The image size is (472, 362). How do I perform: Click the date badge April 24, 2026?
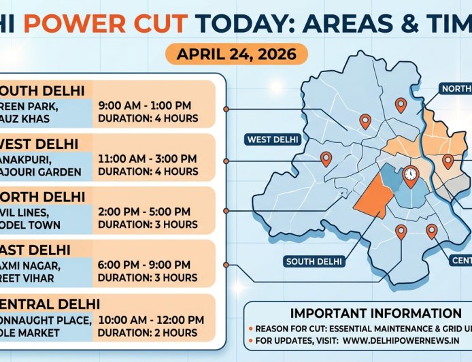tap(235, 54)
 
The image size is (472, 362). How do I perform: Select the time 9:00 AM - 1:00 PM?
tap(144, 105)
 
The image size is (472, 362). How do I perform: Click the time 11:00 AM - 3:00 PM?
tap(147, 159)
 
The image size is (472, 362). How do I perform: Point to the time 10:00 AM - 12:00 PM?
tap(151, 320)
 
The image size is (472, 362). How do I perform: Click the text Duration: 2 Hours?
tap(148, 333)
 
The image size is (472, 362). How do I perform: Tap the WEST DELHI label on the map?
tap(272, 139)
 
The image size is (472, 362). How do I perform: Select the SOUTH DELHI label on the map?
tap(315, 261)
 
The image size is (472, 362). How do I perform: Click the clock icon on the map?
tap(410, 175)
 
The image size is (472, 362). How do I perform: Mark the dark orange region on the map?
tap(373, 197)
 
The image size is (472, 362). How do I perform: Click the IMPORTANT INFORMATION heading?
tap(358, 314)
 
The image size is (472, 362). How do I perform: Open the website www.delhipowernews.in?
tap(401, 340)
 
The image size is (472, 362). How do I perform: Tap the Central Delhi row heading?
tap(51, 303)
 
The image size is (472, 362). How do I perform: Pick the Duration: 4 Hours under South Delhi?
tap(148, 118)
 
